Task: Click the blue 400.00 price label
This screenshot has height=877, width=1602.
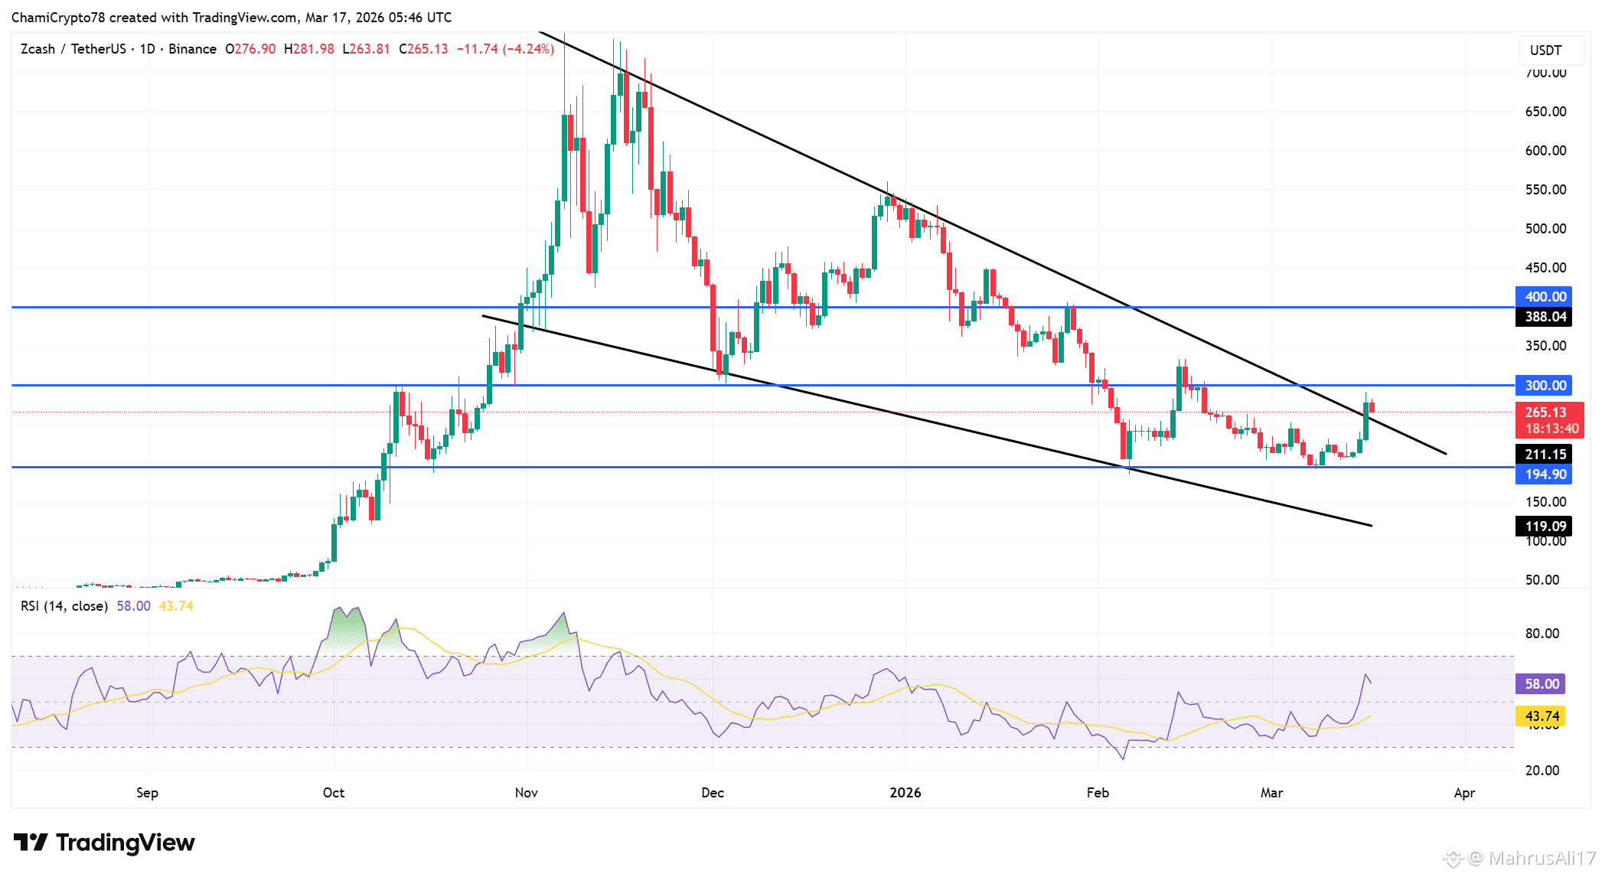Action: pos(1545,297)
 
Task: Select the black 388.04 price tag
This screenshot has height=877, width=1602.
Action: pos(1545,317)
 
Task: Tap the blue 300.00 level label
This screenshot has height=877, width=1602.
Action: pos(1545,386)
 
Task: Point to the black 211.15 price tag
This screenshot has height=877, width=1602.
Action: pos(1545,455)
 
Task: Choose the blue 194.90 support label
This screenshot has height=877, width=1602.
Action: pos(1545,474)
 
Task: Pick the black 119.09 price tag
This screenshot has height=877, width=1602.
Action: pos(1545,527)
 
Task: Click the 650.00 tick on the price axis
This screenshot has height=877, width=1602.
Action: pos(1545,112)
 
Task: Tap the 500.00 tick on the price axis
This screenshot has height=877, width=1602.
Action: pos(1545,229)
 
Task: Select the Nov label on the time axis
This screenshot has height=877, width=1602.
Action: pos(527,793)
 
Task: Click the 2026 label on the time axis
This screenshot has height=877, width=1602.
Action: pos(905,793)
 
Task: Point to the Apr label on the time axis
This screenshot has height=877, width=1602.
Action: pos(1464,793)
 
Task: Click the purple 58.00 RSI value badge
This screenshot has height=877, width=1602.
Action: pos(1542,684)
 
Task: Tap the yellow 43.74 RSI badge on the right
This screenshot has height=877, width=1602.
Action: pos(1542,716)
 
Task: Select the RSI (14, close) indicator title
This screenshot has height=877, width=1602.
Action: pos(64,606)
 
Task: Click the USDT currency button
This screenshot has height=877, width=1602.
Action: pos(1545,51)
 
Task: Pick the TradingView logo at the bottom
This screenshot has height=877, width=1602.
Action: pos(104,843)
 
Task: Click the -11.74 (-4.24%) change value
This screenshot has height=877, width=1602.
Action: pos(505,49)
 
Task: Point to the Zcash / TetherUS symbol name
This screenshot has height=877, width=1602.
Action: pos(73,49)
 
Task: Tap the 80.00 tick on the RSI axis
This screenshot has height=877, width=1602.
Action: pos(1542,634)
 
